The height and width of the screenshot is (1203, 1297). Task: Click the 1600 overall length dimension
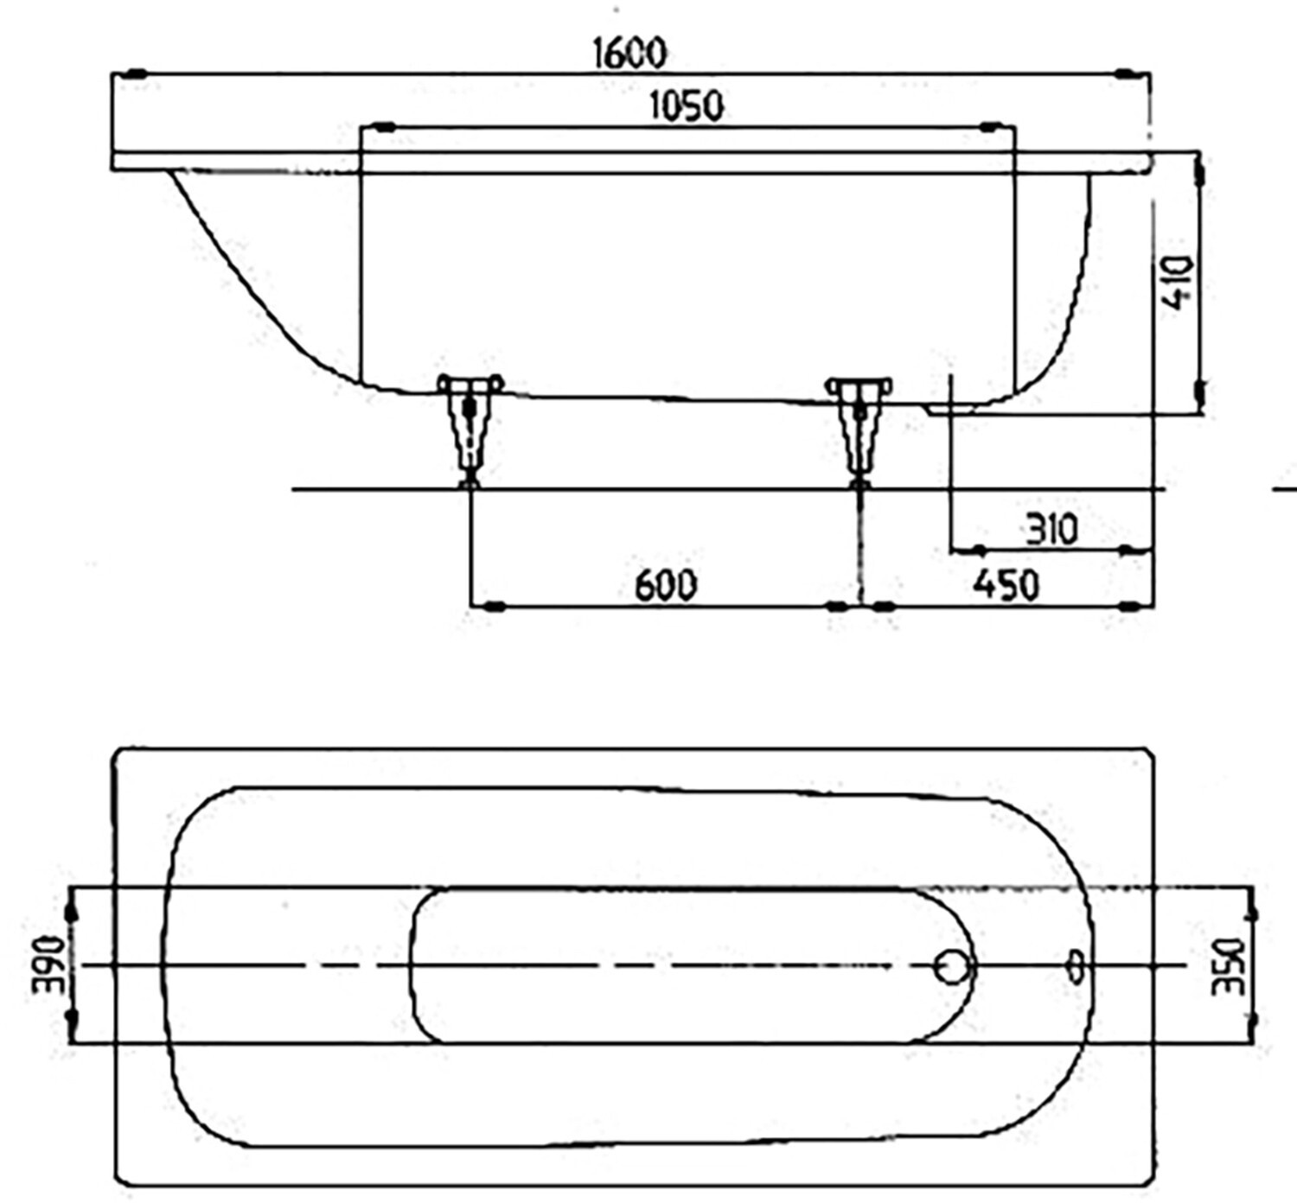click(x=629, y=53)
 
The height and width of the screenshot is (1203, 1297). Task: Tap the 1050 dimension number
click(x=687, y=105)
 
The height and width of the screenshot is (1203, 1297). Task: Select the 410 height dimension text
click(x=1178, y=283)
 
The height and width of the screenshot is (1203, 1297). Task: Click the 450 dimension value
click(x=1006, y=585)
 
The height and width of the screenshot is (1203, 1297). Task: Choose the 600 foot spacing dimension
click(x=666, y=585)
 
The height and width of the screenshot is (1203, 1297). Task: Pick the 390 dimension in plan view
click(x=48, y=964)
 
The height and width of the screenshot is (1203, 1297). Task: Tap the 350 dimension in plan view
click(x=1227, y=966)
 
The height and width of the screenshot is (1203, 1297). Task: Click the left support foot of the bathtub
click(x=470, y=430)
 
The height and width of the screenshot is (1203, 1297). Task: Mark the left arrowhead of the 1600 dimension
click(x=136, y=73)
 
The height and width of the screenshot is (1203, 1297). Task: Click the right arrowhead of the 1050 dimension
click(x=994, y=127)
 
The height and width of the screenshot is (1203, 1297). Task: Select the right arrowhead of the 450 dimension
click(x=1130, y=607)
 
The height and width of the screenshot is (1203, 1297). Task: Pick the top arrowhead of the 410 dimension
click(x=1199, y=172)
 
